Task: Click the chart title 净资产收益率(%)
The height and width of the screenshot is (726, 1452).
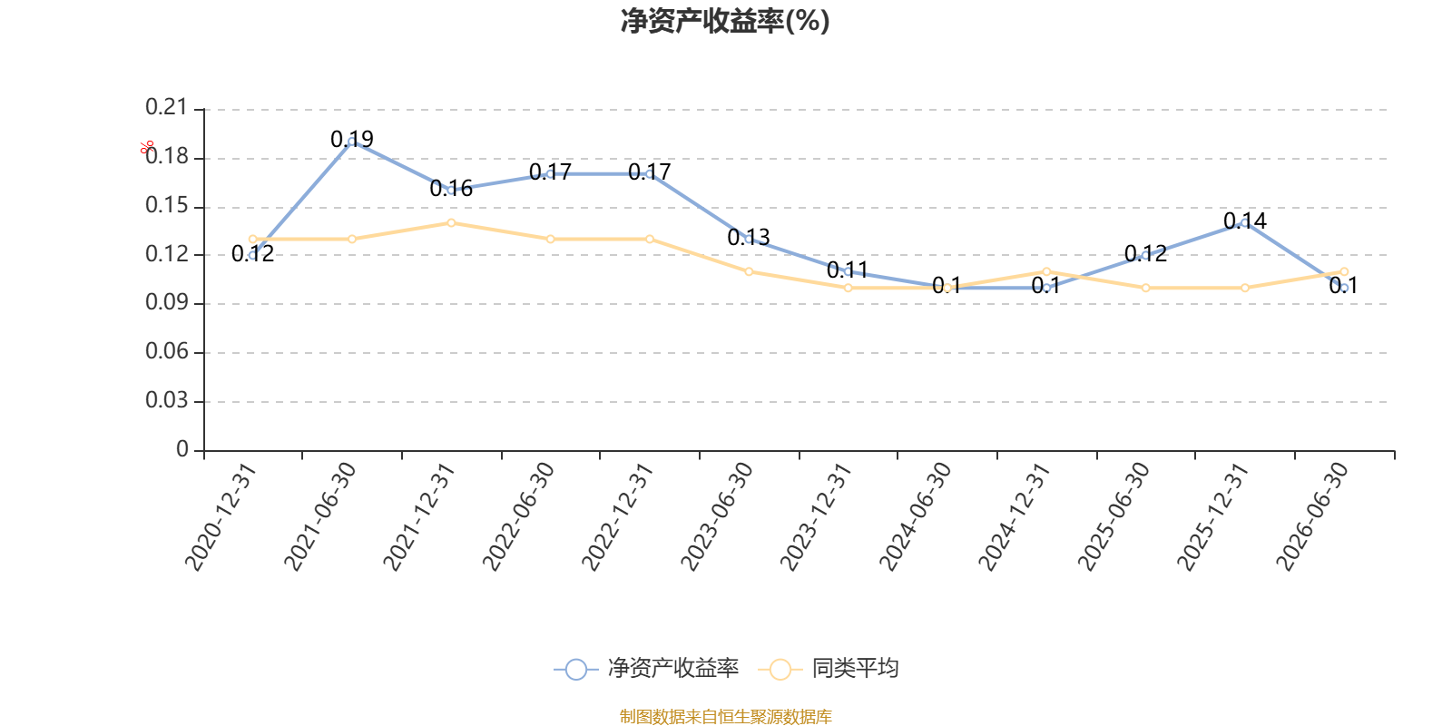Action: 725,21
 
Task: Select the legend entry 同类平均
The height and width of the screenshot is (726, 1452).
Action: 828,668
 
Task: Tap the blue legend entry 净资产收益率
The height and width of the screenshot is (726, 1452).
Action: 646,668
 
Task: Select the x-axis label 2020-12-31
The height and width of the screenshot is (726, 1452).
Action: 221,516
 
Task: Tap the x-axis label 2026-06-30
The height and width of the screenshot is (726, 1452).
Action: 1312,516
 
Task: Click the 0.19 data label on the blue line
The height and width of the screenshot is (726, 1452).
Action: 352,140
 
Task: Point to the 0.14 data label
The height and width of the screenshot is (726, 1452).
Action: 1244,221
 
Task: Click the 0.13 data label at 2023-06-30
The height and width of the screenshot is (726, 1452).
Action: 749,238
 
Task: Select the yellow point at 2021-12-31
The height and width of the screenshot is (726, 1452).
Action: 451,223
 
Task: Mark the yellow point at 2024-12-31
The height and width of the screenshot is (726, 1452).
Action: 1046,271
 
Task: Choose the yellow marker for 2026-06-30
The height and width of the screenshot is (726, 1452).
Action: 1344,271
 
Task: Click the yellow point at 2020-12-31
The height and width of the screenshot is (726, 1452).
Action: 253,240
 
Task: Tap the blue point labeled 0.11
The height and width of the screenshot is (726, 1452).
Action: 848,271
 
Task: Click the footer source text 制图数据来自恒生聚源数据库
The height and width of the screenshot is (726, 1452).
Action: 725,716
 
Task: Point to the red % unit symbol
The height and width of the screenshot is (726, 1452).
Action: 147,147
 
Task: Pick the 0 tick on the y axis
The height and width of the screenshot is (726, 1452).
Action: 182,449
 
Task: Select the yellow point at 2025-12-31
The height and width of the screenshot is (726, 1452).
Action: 1244,288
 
